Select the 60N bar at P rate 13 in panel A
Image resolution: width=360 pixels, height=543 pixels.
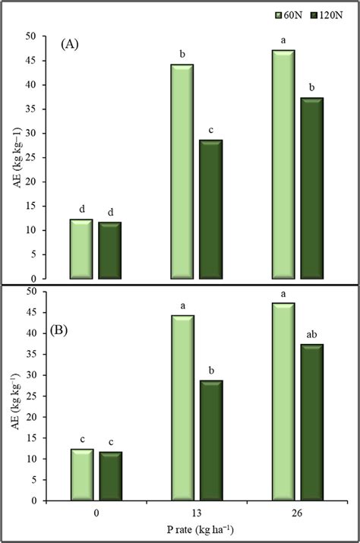(182, 172)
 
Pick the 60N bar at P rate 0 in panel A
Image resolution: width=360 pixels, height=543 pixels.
(82, 249)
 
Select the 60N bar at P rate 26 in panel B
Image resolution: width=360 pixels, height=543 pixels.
(283, 402)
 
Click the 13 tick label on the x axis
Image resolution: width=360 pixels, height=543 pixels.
(197, 513)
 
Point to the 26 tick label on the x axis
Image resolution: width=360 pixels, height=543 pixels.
(297, 513)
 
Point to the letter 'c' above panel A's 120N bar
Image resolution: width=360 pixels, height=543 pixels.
(211, 129)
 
